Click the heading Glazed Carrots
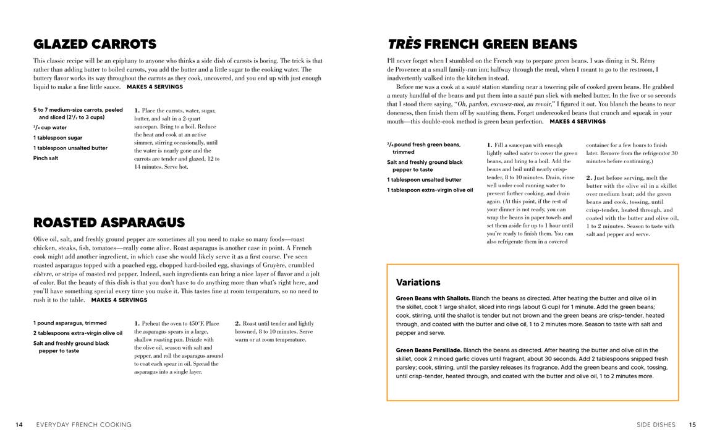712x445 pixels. (95, 44)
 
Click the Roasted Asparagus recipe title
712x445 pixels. (109, 222)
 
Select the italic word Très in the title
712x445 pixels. (404, 44)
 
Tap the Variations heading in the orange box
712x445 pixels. (418, 282)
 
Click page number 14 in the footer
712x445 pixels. (19, 425)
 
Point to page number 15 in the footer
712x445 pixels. (692, 425)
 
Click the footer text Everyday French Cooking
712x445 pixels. (84, 425)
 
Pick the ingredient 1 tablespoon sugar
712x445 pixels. (57, 138)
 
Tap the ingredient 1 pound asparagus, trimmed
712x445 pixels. (70, 323)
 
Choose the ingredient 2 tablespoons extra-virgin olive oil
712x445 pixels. (78, 333)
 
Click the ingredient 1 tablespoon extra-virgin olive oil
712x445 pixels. (430, 190)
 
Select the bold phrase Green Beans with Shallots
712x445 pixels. (433, 298)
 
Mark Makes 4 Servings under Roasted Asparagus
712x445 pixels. (119, 300)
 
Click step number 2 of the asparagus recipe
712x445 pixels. (237, 323)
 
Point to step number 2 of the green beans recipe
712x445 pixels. (588, 178)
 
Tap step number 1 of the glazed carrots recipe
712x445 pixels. (137, 111)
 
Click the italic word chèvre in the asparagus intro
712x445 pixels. (43, 274)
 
